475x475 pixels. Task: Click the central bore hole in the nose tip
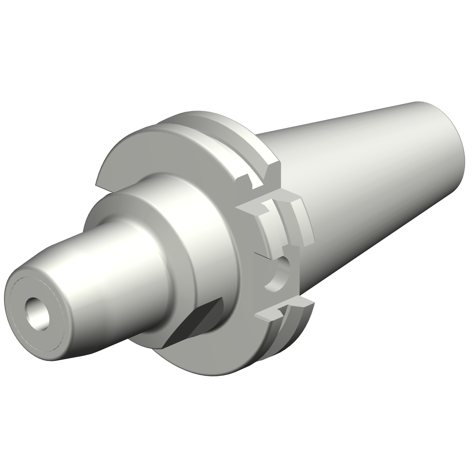tap(38, 313)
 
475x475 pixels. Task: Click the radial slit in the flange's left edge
tap(104, 190)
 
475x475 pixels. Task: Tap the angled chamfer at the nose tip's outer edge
tap(57, 355)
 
